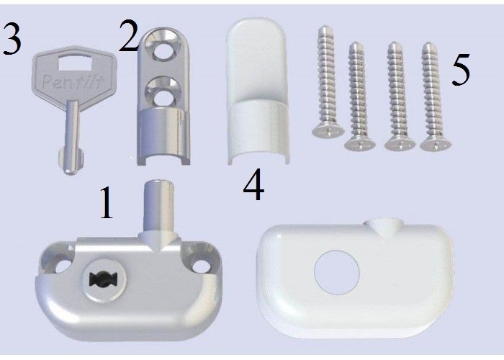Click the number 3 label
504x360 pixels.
pyautogui.click(x=12, y=40)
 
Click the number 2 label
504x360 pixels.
pyautogui.click(x=129, y=35)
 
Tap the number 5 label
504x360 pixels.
pyautogui.click(x=461, y=70)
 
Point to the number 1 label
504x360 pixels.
pyautogui.click(x=107, y=203)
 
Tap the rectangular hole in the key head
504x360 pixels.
pyautogui.click(x=74, y=63)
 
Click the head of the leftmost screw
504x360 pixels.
pyautogui.click(x=328, y=131)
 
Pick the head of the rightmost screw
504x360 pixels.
pyautogui.click(x=436, y=145)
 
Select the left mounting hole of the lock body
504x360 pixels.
pyautogui.click(x=63, y=266)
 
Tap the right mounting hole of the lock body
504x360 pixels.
pyautogui.click(x=202, y=266)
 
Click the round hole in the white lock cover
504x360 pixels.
pyautogui.click(x=337, y=272)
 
